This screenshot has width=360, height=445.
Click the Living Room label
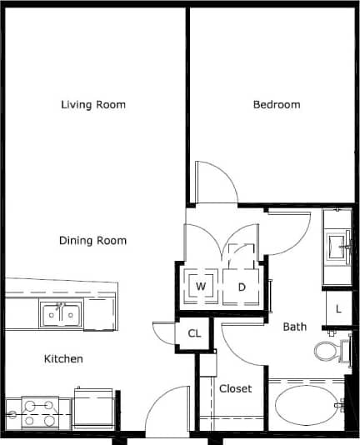pyautogui.click(x=93, y=105)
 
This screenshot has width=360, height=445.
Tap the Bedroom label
pyautogui.click(x=277, y=105)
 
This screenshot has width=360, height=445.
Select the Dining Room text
pyautogui.click(x=93, y=241)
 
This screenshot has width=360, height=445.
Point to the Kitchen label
pyautogui.click(x=63, y=359)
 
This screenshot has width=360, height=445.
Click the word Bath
pyautogui.click(x=295, y=327)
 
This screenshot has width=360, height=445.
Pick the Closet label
pyautogui.click(x=235, y=388)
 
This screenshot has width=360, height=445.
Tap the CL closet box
pyautogui.click(x=194, y=333)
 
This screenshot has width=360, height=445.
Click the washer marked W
pyautogui.click(x=200, y=287)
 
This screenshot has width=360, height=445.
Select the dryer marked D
pyautogui.click(x=242, y=287)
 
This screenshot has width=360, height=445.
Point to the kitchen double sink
pyautogui.click(x=60, y=315)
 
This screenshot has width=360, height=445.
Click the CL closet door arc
pyautogui.click(x=163, y=332)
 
